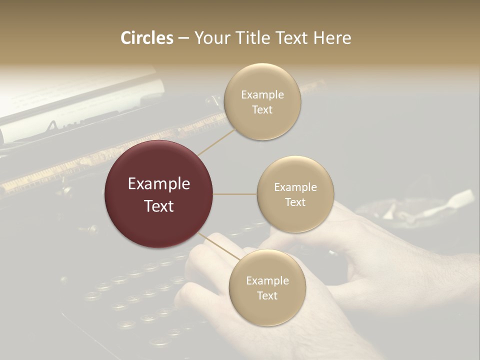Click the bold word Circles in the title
147,38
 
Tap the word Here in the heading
332,38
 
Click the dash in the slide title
183,38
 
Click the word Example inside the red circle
159,184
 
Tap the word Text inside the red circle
159,205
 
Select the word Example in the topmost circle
262,95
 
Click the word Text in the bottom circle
267,295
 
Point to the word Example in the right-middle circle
295,187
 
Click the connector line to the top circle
217,141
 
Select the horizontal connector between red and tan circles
235,194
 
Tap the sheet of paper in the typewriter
75,100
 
